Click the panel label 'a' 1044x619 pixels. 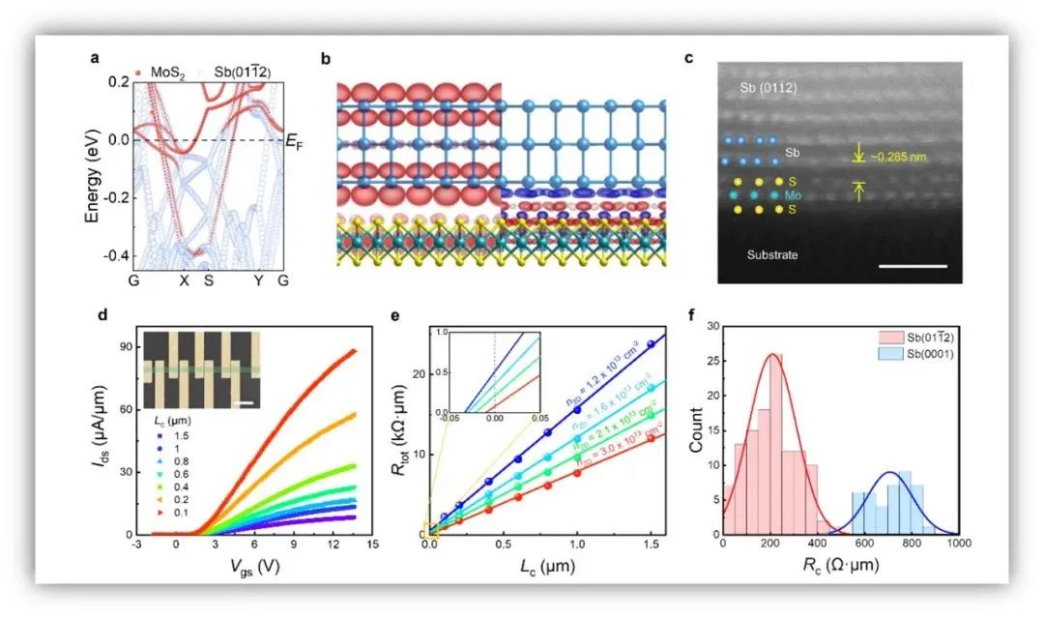pos(95,59)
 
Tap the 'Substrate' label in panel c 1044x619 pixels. pos(771,255)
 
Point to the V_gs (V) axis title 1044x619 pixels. pos(252,566)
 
